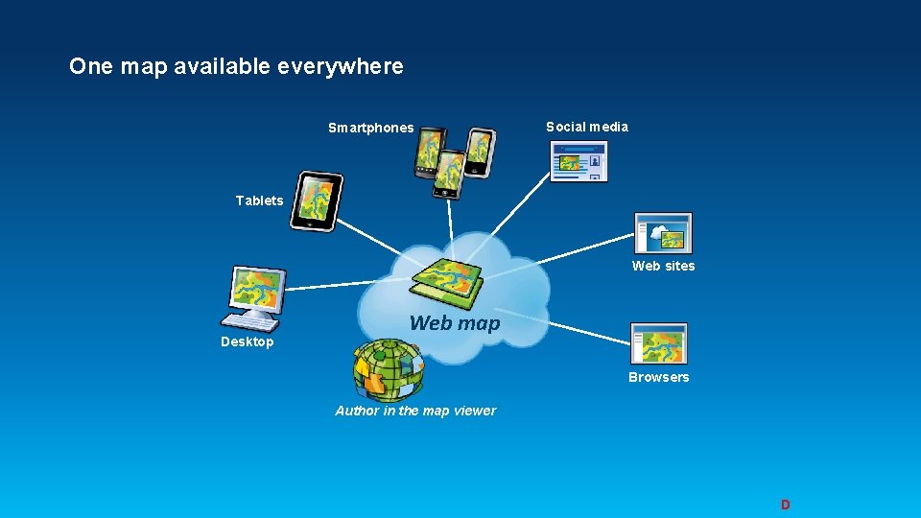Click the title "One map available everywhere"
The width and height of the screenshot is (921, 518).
click(x=236, y=66)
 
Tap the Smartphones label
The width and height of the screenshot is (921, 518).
click(x=370, y=128)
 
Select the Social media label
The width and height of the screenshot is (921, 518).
click(x=587, y=127)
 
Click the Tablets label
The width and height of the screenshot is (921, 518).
click(x=259, y=200)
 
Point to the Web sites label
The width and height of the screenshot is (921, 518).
click(x=663, y=266)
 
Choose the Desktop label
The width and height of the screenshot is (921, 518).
click(x=247, y=341)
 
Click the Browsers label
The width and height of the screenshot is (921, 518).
click(x=658, y=377)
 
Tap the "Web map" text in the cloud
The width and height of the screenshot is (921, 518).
click(x=455, y=323)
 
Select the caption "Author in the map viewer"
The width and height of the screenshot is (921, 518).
click(x=415, y=411)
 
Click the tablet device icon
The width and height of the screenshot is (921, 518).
click(x=316, y=201)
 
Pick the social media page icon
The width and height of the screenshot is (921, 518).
click(x=579, y=161)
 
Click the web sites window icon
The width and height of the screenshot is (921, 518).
click(x=663, y=232)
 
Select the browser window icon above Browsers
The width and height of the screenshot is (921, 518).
click(x=658, y=342)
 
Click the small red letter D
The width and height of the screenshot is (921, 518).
click(x=785, y=505)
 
